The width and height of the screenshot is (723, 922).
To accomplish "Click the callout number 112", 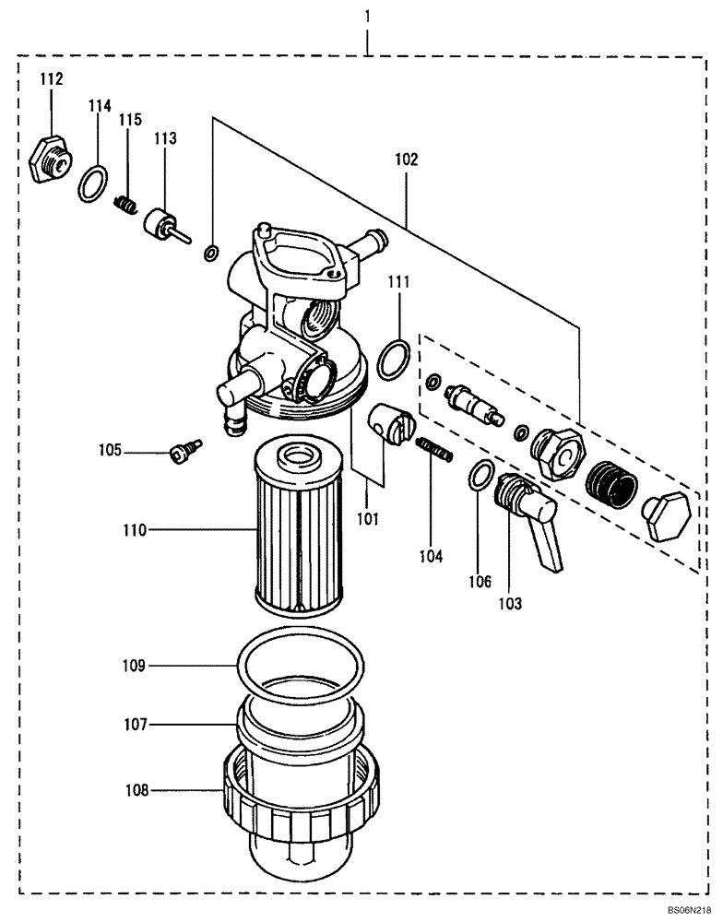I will pyautogui.click(x=51, y=80).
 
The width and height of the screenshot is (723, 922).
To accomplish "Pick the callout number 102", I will pyautogui.click(x=406, y=160).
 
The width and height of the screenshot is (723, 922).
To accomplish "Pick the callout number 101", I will pyautogui.click(x=368, y=519).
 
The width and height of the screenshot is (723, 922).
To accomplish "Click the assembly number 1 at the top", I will pyautogui.click(x=368, y=17).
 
